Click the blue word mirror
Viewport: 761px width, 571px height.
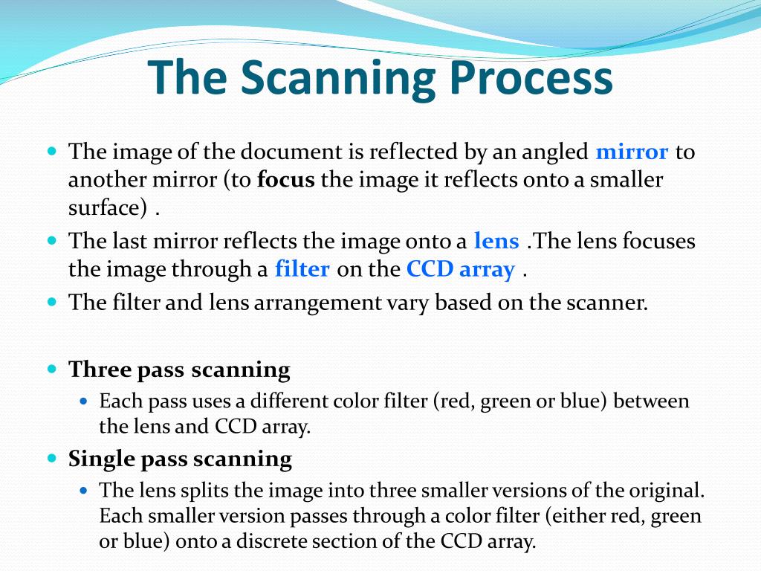(632, 152)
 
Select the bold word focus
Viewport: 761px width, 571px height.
(286, 180)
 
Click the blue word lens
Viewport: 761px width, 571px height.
(496, 241)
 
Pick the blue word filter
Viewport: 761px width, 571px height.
(302, 268)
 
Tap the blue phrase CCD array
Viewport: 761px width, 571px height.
(460, 268)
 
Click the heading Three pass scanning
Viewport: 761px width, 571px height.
(179, 370)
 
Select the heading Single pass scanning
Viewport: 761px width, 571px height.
(180, 459)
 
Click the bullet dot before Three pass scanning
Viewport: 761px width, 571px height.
(52, 369)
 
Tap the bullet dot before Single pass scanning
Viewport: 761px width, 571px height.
(52, 458)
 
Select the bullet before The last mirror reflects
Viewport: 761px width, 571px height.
(52, 241)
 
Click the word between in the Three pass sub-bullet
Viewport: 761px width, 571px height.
(652, 401)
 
